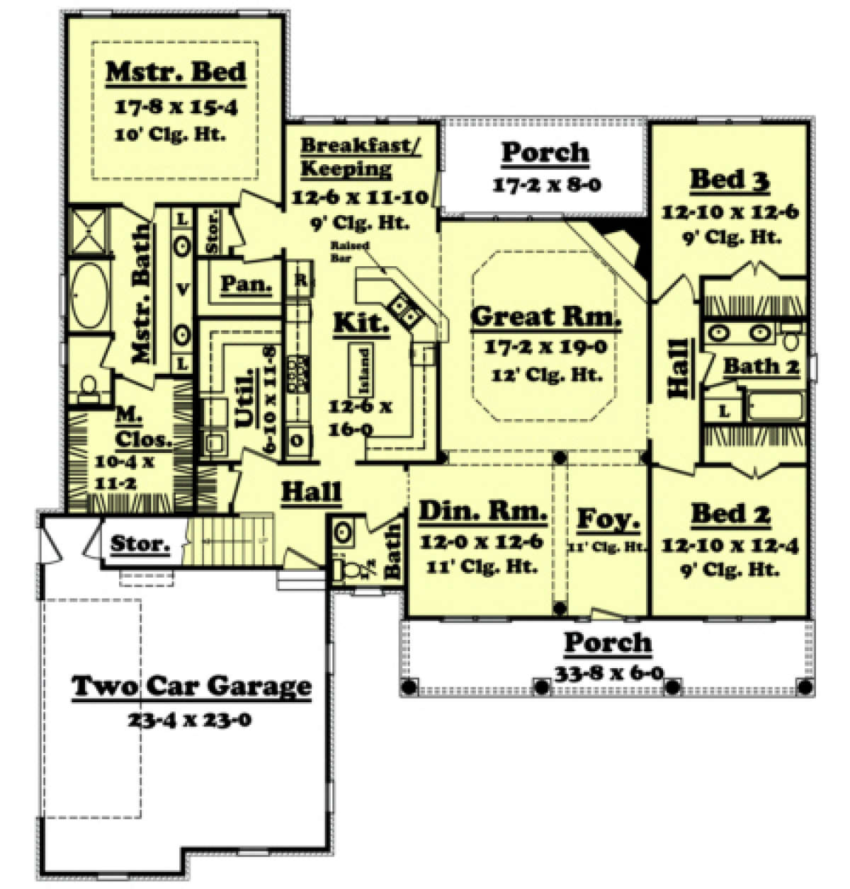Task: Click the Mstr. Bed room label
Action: point(176,72)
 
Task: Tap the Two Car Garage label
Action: point(191,686)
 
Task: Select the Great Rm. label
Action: point(545,317)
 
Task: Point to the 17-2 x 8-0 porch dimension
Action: point(546,185)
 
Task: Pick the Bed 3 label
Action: point(730,180)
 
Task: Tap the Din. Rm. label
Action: point(482,511)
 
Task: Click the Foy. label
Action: point(608,520)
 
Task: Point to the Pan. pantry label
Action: point(246,284)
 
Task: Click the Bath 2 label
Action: point(761,367)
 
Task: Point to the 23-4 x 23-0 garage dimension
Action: point(191,721)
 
